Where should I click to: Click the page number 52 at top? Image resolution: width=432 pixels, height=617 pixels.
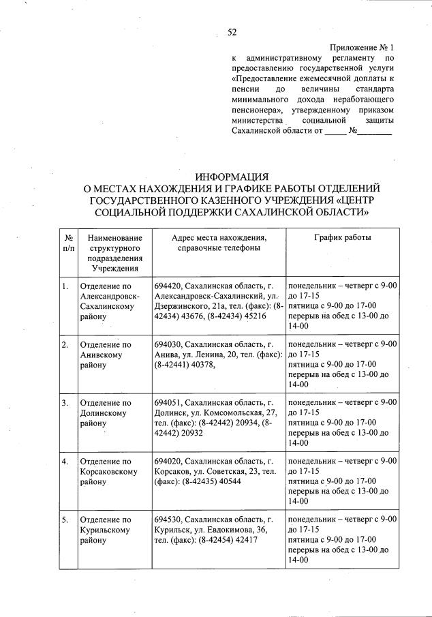(232, 32)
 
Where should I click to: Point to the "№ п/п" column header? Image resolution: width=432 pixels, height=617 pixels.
(68, 243)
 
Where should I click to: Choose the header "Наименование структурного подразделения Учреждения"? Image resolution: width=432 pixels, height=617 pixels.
(111, 253)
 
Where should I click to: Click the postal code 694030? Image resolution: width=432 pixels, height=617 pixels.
(168, 345)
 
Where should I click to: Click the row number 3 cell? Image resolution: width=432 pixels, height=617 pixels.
(65, 403)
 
